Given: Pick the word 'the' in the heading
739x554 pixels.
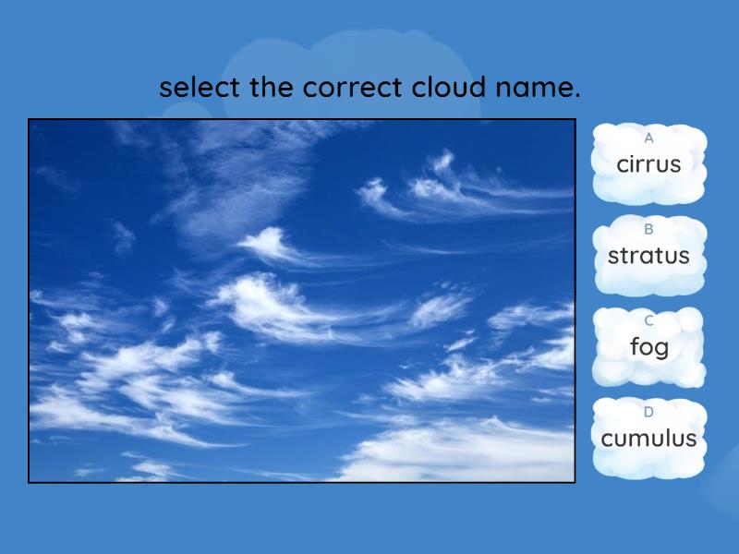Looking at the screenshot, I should click(x=269, y=88).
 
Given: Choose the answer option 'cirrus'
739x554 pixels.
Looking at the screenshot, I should click(x=648, y=164).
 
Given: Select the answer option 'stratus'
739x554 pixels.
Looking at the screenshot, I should click(x=648, y=256).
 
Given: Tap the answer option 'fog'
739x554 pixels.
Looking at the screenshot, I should click(x=648, y=347).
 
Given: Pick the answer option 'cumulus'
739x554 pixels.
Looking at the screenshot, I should click(x=648, y=439).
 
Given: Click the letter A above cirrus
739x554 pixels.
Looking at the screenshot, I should click(x=648, y=138).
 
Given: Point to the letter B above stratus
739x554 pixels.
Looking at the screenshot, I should click(x=648, y=230).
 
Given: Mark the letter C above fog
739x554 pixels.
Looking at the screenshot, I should click(x=648, y=321).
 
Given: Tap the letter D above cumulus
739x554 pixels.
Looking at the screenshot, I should click(x=648, y=413).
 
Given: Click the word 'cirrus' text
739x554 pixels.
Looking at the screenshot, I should click(x=648, y=165).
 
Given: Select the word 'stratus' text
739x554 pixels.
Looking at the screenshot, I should click(x=648, y=257).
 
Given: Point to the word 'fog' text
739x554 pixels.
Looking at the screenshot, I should click(x=648, y=348).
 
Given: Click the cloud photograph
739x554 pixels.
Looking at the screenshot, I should click(x=301, y=300).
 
